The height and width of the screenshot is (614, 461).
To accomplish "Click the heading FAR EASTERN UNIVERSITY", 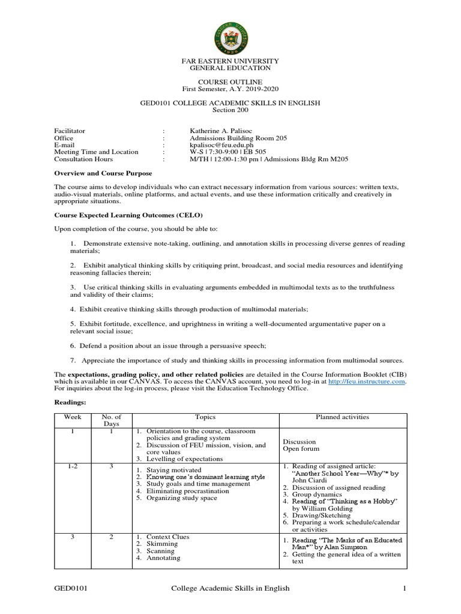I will coord(230,61).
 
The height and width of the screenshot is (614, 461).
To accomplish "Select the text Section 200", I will coord(230,110).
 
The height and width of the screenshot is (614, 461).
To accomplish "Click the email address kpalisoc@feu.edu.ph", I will coord(221,145).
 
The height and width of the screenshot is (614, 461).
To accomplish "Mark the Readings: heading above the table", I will coord(70,403).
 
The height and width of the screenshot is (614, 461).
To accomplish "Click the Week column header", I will coord(72,417).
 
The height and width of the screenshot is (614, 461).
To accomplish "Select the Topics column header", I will coord(205,417).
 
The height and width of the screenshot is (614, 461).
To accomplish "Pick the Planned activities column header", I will coord(343,417).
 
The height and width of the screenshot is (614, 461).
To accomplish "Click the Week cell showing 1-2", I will coord(72,466).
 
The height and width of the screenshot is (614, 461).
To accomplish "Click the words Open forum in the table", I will coord(301,449).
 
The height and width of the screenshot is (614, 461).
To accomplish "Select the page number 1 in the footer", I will coord(405,589).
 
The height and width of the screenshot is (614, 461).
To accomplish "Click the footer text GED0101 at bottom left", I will coord(71,589).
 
